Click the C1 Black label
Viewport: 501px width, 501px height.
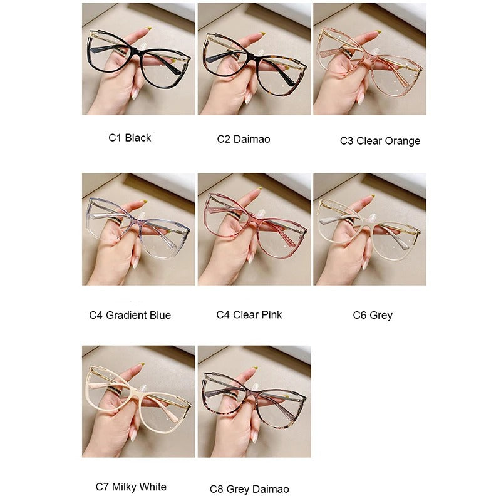point(130,138)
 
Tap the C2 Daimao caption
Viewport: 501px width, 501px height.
point(244,139)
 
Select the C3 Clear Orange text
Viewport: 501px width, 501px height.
point(380,140)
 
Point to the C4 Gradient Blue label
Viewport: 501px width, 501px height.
point(130,315)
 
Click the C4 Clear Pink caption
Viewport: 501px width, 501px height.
point(249,314)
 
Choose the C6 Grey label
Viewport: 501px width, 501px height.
point(373,315)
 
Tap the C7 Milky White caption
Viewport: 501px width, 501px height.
point(131,487)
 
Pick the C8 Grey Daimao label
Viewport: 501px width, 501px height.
point(249,489)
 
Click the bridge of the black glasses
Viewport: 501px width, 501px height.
point(138,51)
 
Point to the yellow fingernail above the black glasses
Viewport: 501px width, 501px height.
point(148,29)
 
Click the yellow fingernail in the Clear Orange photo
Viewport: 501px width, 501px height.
point(379,32)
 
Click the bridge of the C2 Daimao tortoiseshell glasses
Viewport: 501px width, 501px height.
point(254,56)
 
